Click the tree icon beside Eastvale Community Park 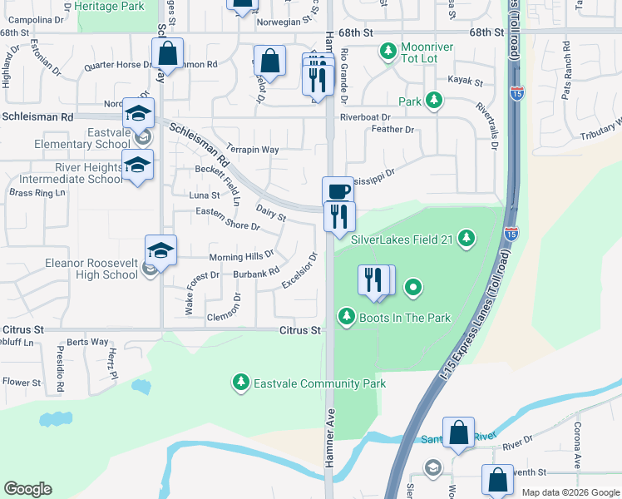tap(240, 383)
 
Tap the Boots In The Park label tap(404, 317)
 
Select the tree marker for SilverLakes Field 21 tap(466, 240)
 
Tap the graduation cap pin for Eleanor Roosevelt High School tap(160, 249)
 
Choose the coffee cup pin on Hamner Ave tap(338, 191)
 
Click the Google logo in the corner tap(28, 488)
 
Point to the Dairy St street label tap(270, 214)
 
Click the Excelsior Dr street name tap(299, 272)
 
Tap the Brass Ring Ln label tap(37, 193)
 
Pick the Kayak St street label tap(466, 82)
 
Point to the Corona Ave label tap(577, 445)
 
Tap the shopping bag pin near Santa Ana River tap(458, 432)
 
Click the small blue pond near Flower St tap(141, 387)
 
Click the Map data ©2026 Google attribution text tap(570, 492)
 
